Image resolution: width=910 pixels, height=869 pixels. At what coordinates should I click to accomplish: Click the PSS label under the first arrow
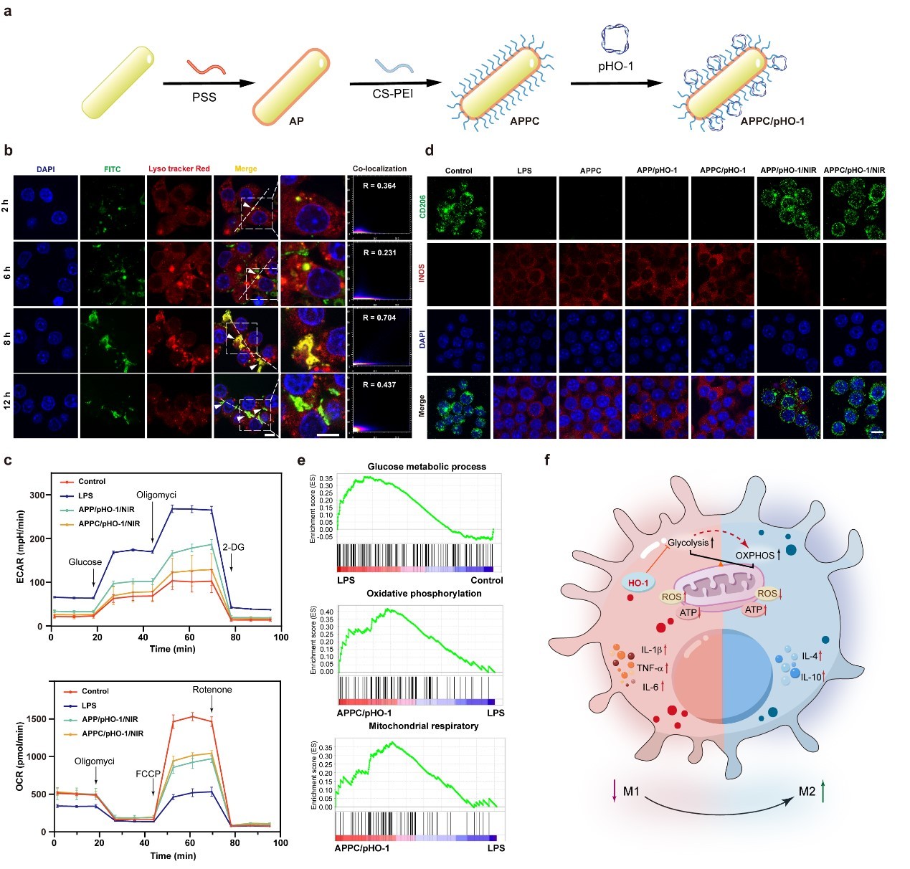point(204,97)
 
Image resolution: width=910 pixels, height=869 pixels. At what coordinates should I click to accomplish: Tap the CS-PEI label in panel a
point(392,94)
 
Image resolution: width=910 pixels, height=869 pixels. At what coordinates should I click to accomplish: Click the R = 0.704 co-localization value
point(379,318)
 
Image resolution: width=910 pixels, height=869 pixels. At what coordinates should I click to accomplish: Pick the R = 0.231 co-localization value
point(379,252)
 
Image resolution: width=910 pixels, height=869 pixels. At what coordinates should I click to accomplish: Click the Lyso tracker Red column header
point(179,169)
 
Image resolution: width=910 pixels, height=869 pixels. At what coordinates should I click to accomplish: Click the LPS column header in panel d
point(524,171)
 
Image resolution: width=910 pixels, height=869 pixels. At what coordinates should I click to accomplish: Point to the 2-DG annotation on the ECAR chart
point(232,547)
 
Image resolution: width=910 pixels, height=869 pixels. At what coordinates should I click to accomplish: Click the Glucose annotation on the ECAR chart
point(85,562)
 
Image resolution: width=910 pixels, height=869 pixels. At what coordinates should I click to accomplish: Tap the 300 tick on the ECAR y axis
point(36,495)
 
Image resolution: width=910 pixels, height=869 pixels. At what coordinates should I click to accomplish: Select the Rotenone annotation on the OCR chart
point(212,690)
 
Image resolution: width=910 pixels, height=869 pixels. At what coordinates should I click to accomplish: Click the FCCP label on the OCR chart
point(148,774)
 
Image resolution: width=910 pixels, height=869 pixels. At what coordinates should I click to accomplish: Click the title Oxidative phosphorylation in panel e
point(424,594)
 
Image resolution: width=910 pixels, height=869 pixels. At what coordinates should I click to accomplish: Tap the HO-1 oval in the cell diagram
point(638,583)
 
